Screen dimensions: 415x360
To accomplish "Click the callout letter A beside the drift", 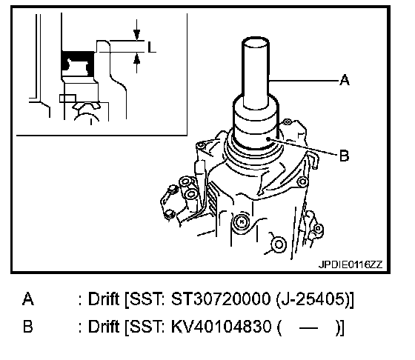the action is click(345, 80).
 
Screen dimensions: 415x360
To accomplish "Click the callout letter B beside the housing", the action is click(344, 156).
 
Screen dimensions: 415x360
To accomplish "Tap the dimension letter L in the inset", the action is click(151, 47).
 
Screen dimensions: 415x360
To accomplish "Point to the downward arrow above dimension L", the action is click(136, 30).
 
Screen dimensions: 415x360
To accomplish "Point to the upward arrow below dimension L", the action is click(136, 62).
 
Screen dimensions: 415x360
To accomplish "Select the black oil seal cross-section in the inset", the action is click(78, 64).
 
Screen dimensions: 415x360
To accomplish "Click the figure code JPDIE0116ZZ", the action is click(351, 264).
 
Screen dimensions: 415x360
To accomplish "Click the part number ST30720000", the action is click(221, 299).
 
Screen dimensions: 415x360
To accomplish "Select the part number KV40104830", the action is click(222, 327).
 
